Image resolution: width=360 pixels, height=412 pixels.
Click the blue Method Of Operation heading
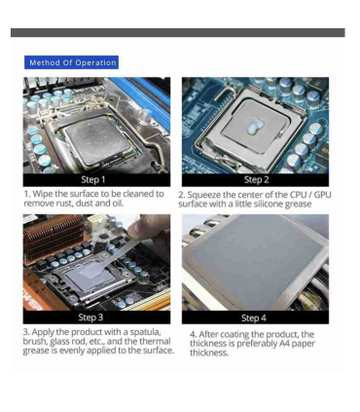point(73,63)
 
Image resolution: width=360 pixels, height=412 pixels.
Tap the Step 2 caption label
point(255,179)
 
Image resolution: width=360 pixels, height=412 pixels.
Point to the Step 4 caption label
point(255,317)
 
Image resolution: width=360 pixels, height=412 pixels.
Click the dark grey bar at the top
point(180,32)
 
